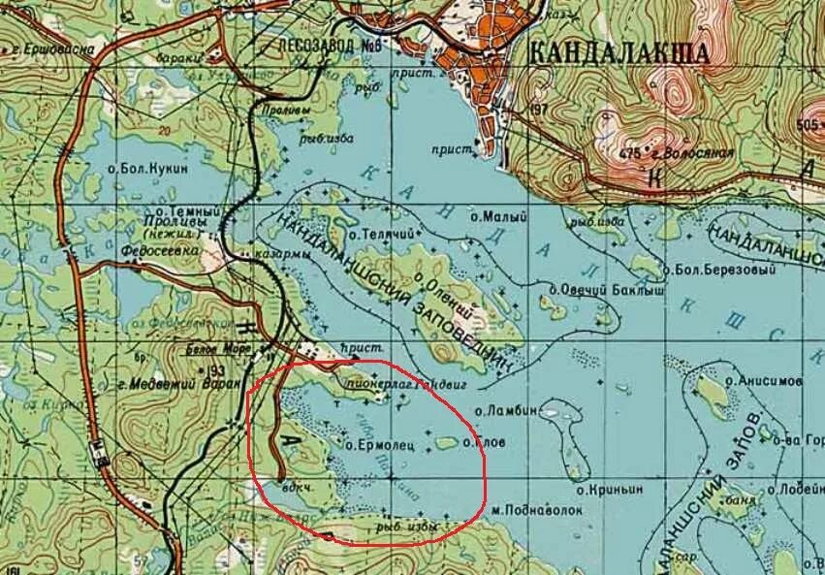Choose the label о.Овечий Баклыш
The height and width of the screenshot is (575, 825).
coord(593,289)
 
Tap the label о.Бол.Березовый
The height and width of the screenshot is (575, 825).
coord(718,269)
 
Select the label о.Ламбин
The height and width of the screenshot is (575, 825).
coord(506,411)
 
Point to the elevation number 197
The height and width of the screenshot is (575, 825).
coord(539,109)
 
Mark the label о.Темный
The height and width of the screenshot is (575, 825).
coord(174,210)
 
